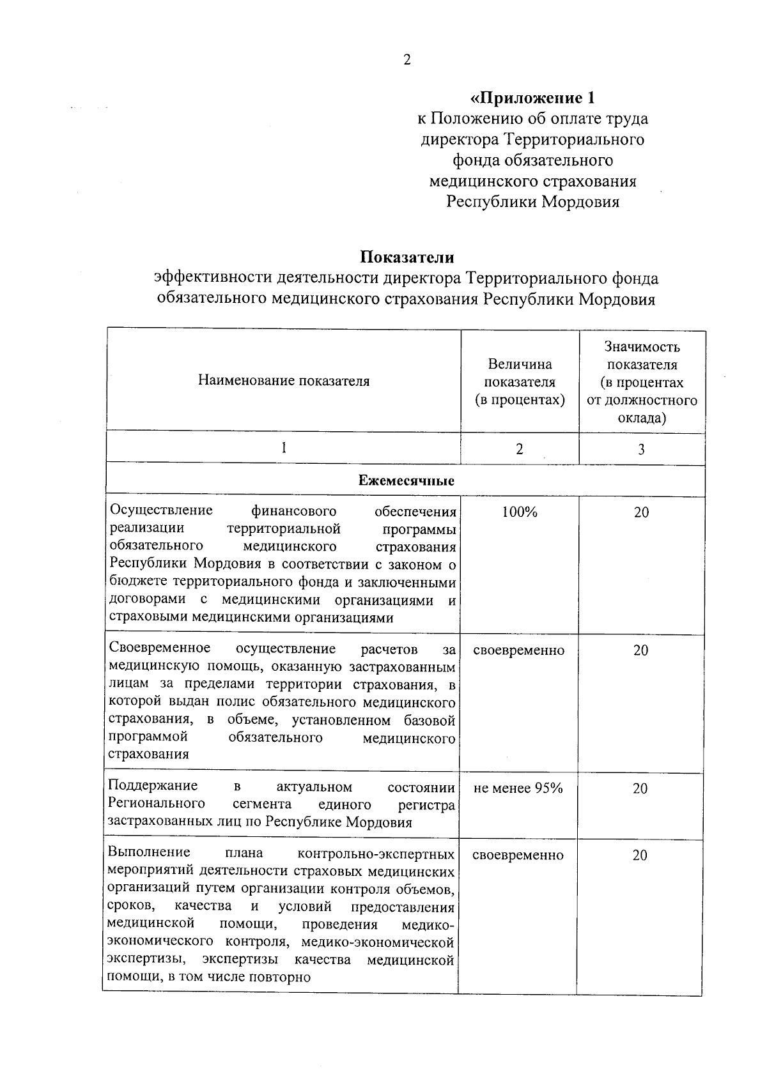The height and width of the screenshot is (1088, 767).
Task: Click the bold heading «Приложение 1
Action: (x=532, y=98)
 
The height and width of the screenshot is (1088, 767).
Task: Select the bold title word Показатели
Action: (x=407, y=257)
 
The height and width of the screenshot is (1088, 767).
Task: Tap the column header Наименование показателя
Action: (x=284, y=381)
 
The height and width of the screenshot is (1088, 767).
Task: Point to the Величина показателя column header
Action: (x=520, y=381)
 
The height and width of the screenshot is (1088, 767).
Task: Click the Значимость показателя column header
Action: (x=642, y=382)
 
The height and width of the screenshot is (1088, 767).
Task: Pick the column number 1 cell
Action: (x=283, y=448)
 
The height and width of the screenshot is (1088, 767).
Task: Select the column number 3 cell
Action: (x=641, y=449)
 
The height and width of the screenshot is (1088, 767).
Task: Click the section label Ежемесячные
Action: (x=407, y=481)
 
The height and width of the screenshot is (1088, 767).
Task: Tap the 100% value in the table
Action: (x=520, y=512)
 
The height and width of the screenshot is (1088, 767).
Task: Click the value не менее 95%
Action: (x=518, y=788)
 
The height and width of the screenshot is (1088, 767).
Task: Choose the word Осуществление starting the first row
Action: (x=162, y=511)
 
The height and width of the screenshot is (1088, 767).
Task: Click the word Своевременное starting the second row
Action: (x=160, y=648)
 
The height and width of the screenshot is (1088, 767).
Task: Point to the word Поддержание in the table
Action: (x=153, y=786)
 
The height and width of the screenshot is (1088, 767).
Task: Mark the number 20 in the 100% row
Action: (x=641, y=512)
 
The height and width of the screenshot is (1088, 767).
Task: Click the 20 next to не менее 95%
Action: (x=640, y=789)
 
